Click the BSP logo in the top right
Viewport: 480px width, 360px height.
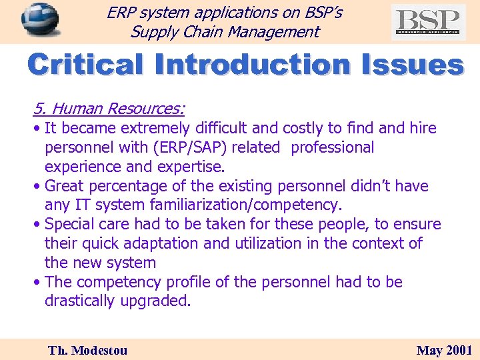point(428,22)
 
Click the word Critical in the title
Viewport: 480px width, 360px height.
point(85,66)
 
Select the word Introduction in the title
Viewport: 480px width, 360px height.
point(251,66)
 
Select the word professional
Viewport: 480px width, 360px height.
point(333,147)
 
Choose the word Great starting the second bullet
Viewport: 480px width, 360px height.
point(67,186)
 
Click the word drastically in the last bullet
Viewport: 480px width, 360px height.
point(80,301)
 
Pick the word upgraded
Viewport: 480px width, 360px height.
point(156,301)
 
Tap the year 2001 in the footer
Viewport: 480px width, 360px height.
point(459,350)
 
